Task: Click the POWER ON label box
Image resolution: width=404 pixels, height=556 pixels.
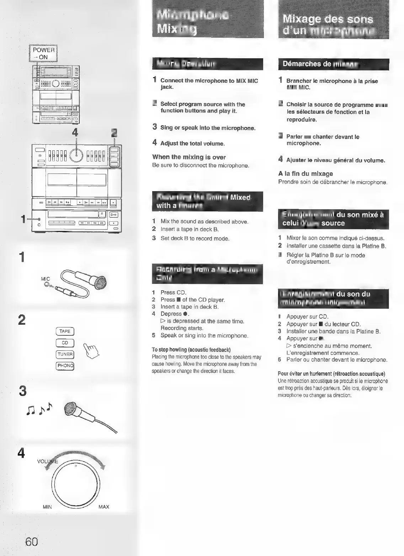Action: point(43,53)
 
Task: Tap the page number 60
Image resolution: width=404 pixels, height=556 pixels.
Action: point(31,542)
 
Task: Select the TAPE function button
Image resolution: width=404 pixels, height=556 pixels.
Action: point(65,331)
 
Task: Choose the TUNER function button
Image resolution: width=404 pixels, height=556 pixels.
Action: point(65,354)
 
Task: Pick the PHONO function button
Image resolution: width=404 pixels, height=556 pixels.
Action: point(65,366)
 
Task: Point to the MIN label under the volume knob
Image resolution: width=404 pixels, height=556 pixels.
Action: point(47,507)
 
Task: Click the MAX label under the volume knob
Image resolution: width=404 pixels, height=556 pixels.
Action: point(103,507)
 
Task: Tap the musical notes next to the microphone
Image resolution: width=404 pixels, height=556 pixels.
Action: point(39,409)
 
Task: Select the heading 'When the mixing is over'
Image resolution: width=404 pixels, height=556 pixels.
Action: point(189,157)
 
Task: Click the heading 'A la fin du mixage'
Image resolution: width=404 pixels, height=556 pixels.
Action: point(305,174)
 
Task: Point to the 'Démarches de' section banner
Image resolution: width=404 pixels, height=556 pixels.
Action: point(334,64)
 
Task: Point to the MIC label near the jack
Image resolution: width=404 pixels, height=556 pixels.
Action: point(46,279)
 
